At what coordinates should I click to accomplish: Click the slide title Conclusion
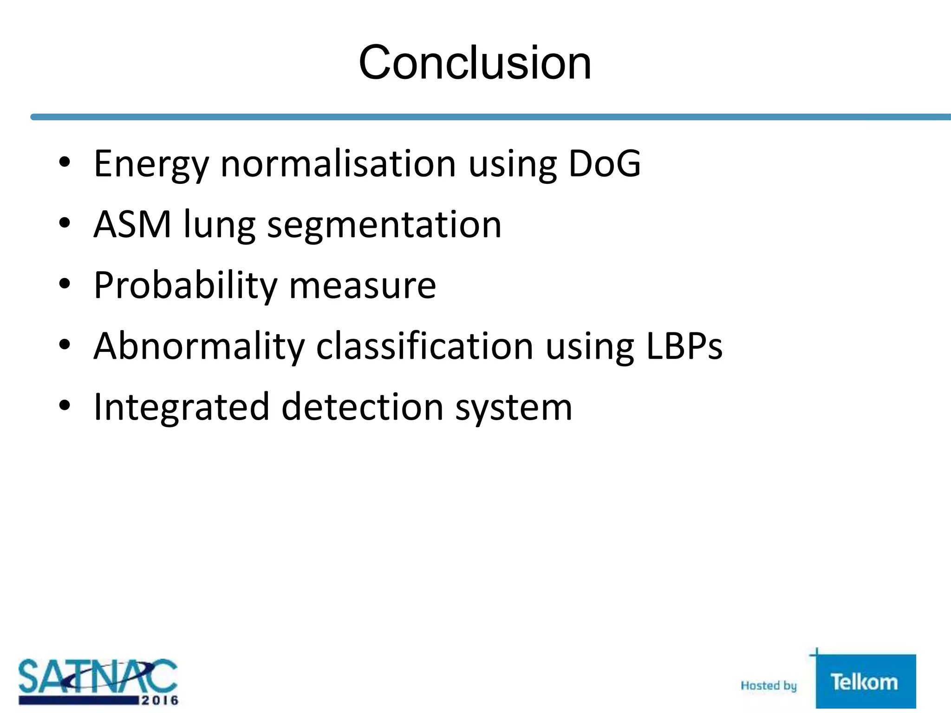coord(475,63)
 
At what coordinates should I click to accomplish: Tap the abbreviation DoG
coord(604,163)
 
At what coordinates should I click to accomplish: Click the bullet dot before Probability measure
coord(65,283)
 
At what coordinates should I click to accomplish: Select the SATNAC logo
coord(98,681)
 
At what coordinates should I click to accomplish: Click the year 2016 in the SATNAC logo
coord(160,700)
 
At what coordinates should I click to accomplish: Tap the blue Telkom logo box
coord(865,681)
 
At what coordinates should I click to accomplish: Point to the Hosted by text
coord(769,686)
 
